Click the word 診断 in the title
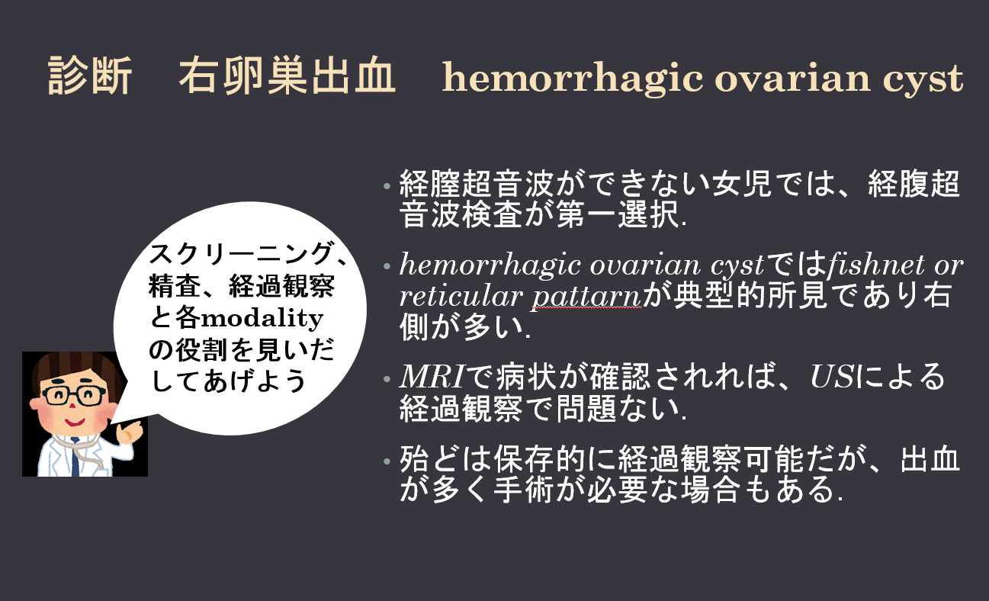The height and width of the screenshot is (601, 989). pos(90,76)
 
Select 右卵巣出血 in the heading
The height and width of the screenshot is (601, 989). pos(287,76)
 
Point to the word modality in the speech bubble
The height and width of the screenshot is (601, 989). pos(262,319)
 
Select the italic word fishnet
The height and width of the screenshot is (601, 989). pos(876,265)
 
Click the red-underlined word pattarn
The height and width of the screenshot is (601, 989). pos(586,297)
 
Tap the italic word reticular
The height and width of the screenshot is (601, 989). pos(461,296)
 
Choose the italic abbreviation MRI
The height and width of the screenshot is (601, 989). pos(432,377)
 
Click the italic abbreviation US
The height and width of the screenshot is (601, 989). pos(832,377)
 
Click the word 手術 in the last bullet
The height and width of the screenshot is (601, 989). pos(524,490)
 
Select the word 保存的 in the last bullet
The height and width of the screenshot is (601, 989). pos(540,459)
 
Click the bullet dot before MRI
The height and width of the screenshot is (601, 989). pos(387,379)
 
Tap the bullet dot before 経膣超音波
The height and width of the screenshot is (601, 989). pos(387,186)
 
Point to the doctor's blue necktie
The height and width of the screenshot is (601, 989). pos(75,458)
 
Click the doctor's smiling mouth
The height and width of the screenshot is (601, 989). pos(74,423)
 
